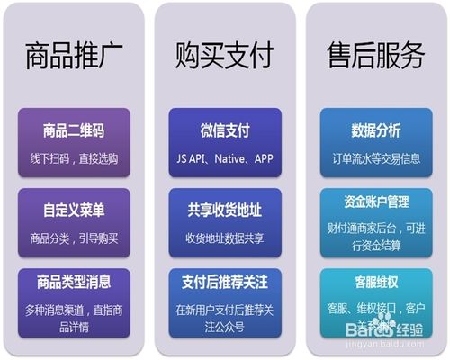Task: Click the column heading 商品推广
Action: coord(73,57)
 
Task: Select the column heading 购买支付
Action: coord(224,57)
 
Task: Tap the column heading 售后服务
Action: coord(375,57)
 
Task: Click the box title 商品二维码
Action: coord(74,131)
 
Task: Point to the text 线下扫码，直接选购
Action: coord(74,158)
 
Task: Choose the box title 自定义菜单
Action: coord(74,211)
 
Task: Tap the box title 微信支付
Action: coord(224,131)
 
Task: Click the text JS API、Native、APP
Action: coord(224,158)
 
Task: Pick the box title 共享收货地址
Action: coord(224,211)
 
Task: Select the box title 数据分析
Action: coord(375,131)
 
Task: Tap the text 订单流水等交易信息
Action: coord(375,158)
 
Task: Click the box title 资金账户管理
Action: coord(375,204)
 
